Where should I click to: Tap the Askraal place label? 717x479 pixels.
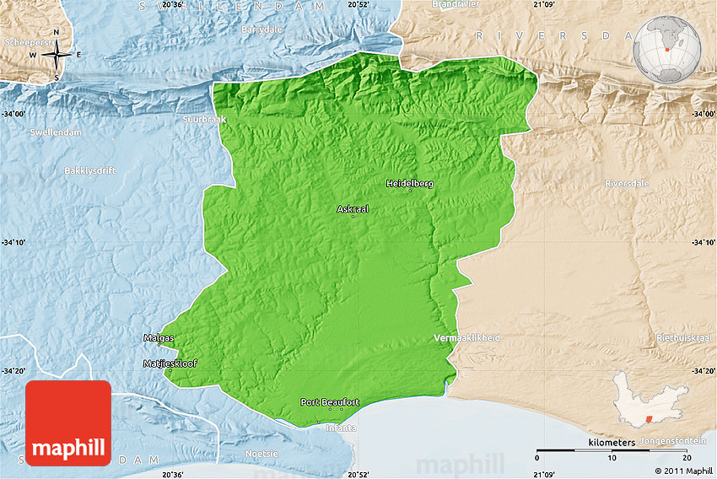(x=353, y=209)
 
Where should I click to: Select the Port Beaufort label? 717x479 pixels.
(x=330, y=402)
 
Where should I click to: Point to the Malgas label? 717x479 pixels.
(x=159, y=338)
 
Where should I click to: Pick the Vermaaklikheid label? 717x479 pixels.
(x=466, y=338)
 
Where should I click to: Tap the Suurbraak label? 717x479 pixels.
(x=205, y=120)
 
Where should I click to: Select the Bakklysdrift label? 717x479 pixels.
(x=89, y=170)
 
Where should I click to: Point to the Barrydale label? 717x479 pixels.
(x=261, y=30)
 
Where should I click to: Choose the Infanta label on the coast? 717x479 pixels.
(x=342, y=428)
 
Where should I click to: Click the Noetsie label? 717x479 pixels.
(x=261, y=454)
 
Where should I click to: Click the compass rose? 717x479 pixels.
(x=56, y=56)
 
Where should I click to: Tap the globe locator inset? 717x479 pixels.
(x=667, y=49)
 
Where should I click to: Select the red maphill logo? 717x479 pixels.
(x=68, y=422)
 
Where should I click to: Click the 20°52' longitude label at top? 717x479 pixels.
(x=358, y=5)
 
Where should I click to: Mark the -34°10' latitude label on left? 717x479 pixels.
(x=17, y=243)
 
